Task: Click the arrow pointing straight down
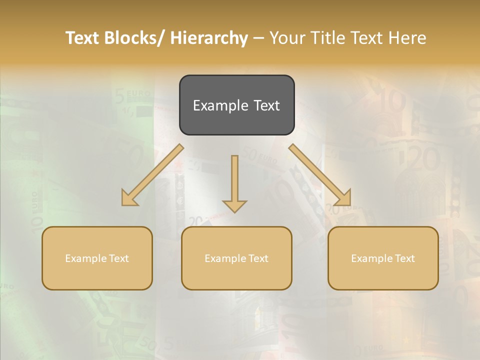[234, 180]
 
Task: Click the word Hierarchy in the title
[209, 38]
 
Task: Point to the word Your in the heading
[288, 38]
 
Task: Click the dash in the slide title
[258, 38]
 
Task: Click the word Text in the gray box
[266, 106]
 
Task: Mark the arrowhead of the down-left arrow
[129, 198]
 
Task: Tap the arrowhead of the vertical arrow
[234, 205]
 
